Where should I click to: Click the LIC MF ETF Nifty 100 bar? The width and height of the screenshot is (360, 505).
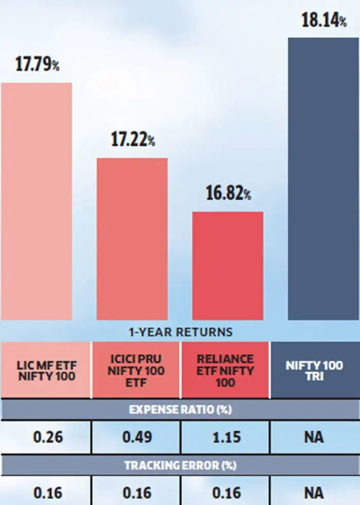(x=37, y=201)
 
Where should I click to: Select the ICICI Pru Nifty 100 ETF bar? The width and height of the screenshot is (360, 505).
(x=132, y=239)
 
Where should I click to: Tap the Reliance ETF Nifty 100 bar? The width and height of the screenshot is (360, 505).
(x=228, y=265)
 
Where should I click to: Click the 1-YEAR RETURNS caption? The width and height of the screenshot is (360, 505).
(x=180, y=332)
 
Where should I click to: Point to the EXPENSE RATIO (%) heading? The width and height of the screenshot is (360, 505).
(x=180, y=410)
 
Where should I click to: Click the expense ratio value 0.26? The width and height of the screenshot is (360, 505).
(x=48, y=437)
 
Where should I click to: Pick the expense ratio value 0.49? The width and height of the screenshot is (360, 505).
(x=137, y=437)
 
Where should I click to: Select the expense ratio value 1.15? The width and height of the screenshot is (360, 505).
(x=226, y=437)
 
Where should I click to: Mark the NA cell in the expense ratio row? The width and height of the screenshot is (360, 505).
(x=314, y=437)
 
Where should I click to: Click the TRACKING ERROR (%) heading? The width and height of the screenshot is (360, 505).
(x=180, y=465)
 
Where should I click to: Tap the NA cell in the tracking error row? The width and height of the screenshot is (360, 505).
(x=314, y=493)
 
